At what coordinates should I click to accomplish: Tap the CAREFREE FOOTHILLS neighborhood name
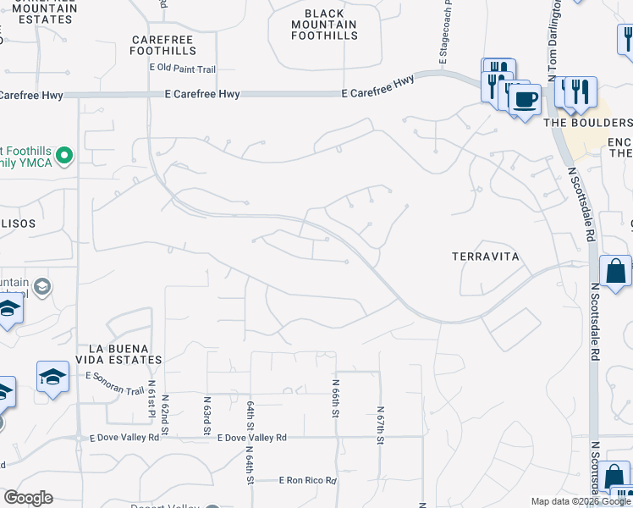pos(163,45)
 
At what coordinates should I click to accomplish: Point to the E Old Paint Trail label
pos(183,68)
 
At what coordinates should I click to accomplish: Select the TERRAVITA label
pos(485,256)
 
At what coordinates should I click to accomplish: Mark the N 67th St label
pos(380,423)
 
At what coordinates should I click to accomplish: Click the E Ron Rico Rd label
pos(308,480)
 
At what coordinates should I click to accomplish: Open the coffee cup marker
pos(525,100)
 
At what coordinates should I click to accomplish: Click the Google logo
pos(28,498)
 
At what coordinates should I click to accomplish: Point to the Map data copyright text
pos(581,502)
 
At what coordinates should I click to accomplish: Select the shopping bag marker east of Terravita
pos(615,273)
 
